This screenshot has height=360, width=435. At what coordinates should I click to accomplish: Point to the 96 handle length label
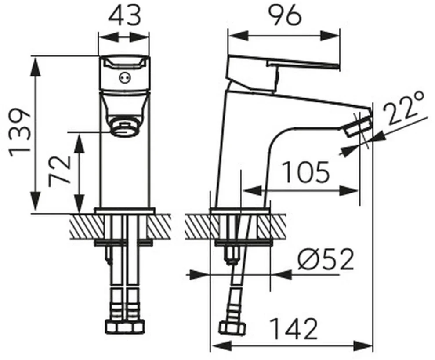point(285,16)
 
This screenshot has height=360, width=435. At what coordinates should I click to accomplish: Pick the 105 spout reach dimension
point(306,172)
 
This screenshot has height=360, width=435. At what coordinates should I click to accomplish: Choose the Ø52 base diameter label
point(326,259)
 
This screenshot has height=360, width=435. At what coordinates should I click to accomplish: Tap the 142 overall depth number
point(294,329)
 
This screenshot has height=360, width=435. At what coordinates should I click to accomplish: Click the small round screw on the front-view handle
point(124,78)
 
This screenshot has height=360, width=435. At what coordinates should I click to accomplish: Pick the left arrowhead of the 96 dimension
point(238,36)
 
